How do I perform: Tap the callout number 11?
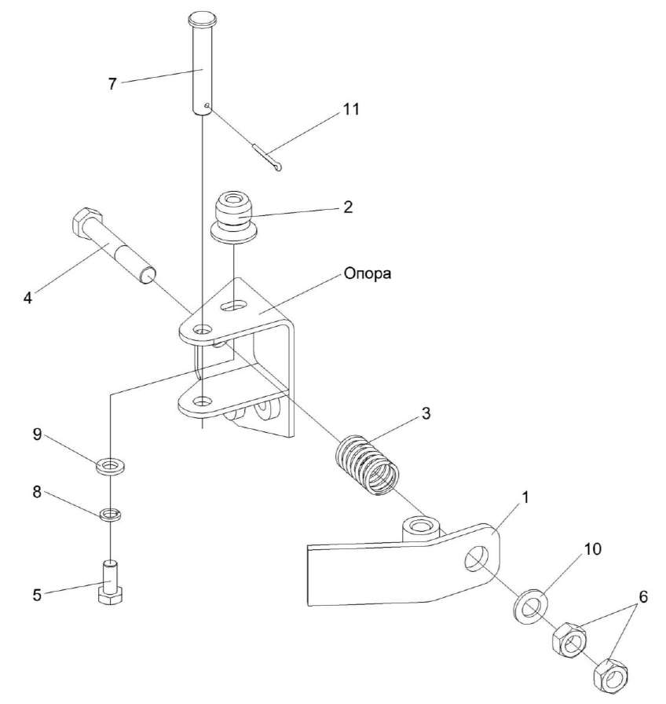click(x=350, y=109)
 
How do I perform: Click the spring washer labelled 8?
click(x=109, y=515)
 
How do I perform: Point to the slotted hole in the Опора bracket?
click(x=234, y=304)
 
